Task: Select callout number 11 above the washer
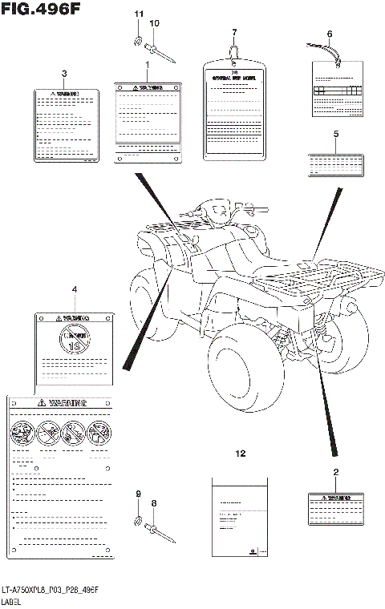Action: coord(137,14)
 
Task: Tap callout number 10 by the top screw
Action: coord(154,24)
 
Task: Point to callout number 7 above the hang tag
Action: coord(234,33)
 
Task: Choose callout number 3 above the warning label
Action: coord(63,75)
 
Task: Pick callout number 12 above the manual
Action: coord(239,454)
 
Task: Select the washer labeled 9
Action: coord(139,523)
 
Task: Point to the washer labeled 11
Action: coord(138,41)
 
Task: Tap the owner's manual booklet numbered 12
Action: coord(239,517)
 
